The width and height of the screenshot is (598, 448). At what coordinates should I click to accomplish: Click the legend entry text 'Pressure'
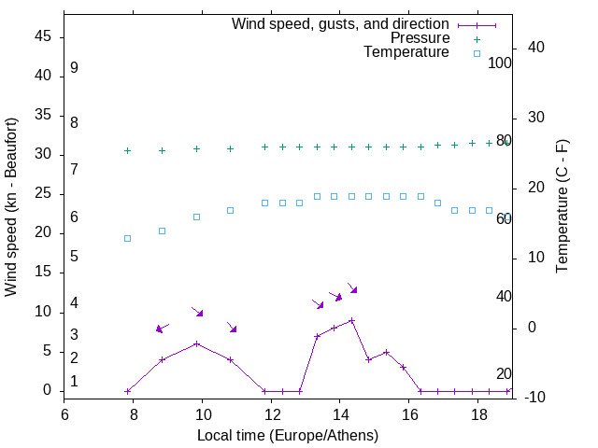click(x=420, y=38)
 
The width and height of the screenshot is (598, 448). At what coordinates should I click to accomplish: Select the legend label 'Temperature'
click(x=406, y=52)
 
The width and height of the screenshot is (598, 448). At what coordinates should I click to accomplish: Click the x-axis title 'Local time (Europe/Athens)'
click(x=288, y=436)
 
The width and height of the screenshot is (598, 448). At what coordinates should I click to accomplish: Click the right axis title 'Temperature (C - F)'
click(x=562, y=207)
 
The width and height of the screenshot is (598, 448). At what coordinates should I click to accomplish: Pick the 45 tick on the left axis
click(x=43, y=36)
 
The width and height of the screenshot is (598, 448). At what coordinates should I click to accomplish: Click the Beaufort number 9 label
click(x=74, y=68)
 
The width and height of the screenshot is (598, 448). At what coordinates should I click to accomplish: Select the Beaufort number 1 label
click(x=74, y=382)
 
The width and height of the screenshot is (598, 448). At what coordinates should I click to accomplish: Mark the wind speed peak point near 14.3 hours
click(x=351, y=320)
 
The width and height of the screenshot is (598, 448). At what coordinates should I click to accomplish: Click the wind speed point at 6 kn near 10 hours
click(x=196, y=343)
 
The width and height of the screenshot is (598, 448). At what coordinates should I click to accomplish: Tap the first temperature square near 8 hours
click(x=128, y=238)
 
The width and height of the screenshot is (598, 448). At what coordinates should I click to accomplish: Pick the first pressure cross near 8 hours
click(x=128, y=150)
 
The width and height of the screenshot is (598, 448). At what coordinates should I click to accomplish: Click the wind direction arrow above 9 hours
click(x=162, y=328)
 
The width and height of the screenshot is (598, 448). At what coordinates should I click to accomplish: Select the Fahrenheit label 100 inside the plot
click(x=500, y=63)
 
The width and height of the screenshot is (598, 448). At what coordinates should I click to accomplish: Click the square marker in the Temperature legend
click(x=477, y=53)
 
